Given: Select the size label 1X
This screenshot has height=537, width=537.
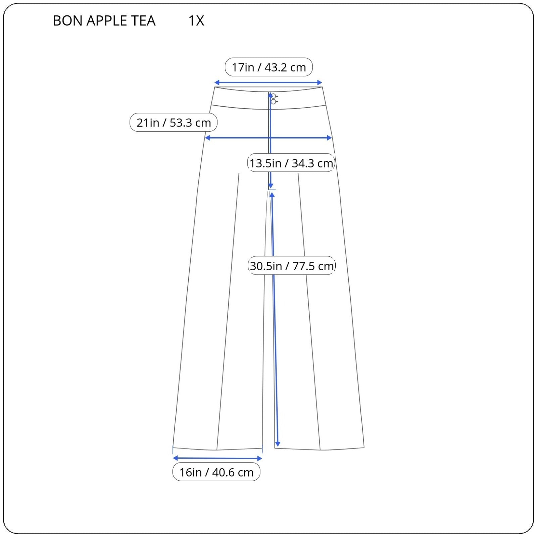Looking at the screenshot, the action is (196, 21).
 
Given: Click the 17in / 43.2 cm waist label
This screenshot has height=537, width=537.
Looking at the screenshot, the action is (269, 67).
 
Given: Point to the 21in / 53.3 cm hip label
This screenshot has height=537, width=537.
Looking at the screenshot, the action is (174, 123).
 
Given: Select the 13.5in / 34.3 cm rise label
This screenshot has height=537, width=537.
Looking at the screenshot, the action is (291, 163).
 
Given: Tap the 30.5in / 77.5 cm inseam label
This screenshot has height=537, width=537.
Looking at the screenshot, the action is (292, 266).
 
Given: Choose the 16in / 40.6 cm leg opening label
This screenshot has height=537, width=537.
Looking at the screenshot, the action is (216, 472).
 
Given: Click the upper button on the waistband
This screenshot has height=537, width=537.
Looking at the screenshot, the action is (274, 96).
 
